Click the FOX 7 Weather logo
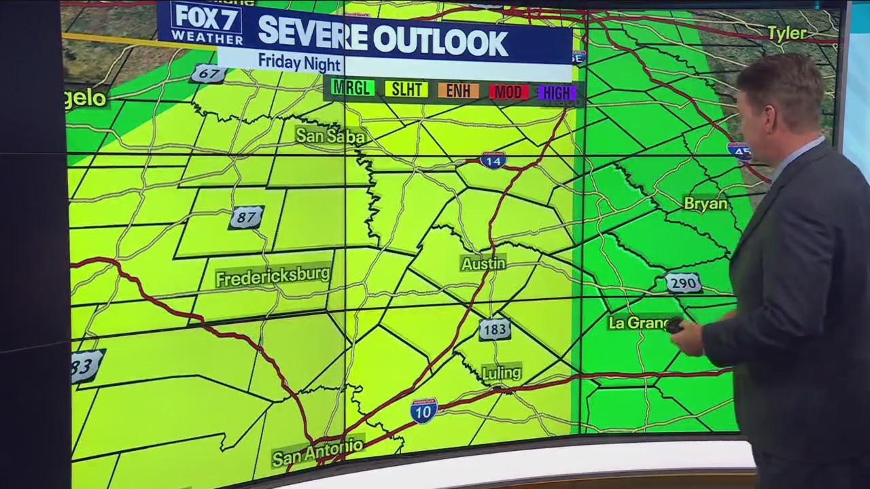click(206, 23)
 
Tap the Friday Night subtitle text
click(299, 62)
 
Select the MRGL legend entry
click(353, 89)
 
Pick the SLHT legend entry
click(406, 90)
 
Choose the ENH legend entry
click(458, 90)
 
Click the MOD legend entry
click(508, 92)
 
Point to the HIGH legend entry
click(557, 93)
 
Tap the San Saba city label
click(330, 136)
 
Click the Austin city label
click(483, 264)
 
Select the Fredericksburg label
click(273, 277)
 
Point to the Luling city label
click(501, 373)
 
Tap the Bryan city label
click(706, 203)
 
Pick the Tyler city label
click(787, 33)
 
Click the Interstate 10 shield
click(423, 411)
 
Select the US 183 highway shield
click(494, 329)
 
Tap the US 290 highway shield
click(682, 283)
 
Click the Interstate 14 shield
click(493, 160)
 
